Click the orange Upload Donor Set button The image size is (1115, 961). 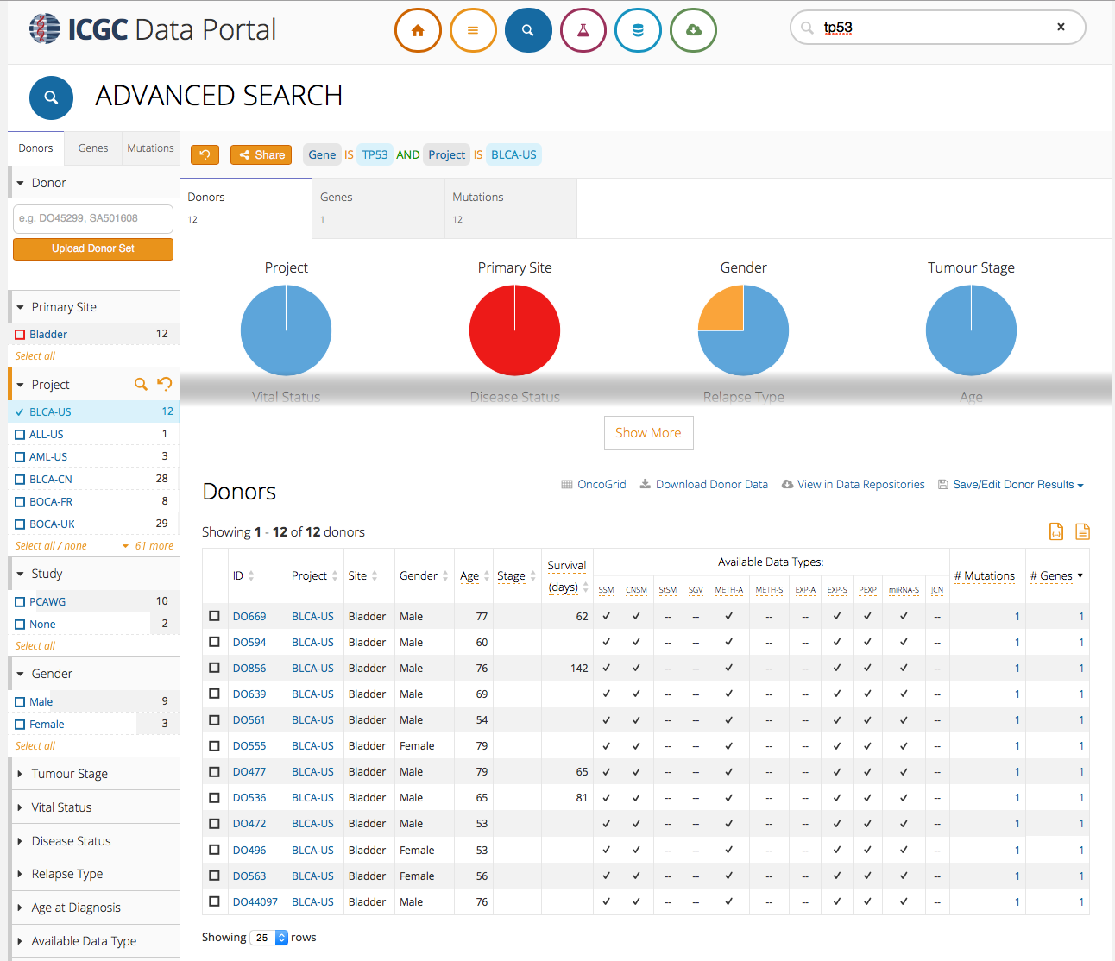(93, 248)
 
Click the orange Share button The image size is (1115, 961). (261, 155)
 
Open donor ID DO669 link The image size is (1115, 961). (249, 617)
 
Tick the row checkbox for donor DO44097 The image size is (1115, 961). (214, 902)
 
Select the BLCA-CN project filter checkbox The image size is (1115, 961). (20, 480)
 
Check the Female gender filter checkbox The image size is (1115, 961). (20, 725)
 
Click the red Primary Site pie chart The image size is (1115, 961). (514, 330)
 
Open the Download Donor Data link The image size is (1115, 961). (711, 485)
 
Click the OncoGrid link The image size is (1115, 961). (602, 485)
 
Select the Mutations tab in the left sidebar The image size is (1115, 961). (150, 148)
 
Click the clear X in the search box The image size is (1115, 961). (1061, 28)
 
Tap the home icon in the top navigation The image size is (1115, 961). (418, 30)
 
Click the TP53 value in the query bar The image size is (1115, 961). (375, 155)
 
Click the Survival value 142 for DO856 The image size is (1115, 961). (578, 669)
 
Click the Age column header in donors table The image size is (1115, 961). (469, 576)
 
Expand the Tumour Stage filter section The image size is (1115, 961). (69, 774)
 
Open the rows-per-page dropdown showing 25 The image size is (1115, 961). (269, 938)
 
